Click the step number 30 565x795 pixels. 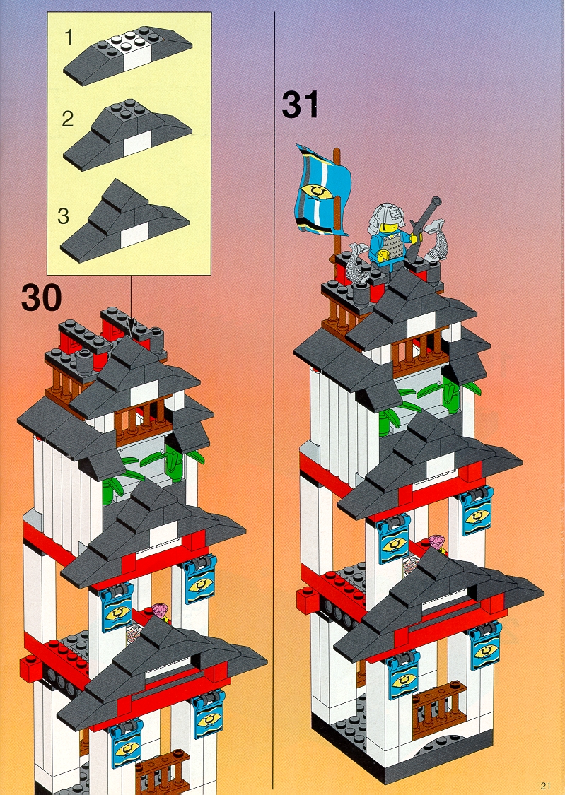click(42, 298)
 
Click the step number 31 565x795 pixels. click(301, 105)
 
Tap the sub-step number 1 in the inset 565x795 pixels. click(69, 37)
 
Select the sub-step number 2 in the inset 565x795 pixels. click(67, 119)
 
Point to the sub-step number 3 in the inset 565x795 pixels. click(63, 216)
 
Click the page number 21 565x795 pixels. click(545, 786)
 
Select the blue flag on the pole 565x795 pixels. click(322, 190)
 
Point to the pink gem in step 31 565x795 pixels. click(438, 543)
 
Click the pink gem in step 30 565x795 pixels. click(161, 612)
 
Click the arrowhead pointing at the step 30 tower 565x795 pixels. click(132, 331)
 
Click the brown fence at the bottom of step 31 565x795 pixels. click(438, 708)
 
